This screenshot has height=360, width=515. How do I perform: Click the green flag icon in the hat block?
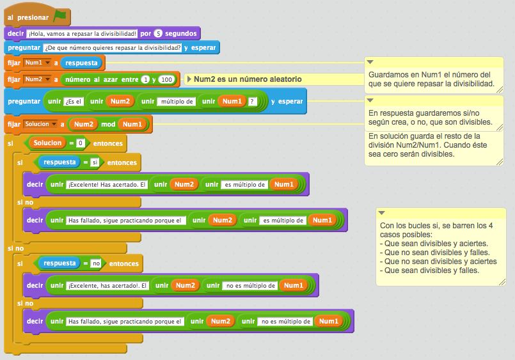click(59, 17)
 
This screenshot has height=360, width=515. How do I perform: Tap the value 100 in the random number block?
click(166, 79)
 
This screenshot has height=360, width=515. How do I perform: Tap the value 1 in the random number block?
click(145, 79)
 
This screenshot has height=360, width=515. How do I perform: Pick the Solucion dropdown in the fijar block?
click(40, 123)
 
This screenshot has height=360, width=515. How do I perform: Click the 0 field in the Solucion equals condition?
click(81, 143)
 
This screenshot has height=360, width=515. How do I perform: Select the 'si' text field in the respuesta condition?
click(94, 162)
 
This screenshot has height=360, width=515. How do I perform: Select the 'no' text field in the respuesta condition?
click(96, 263)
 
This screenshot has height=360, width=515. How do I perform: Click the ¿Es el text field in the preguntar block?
click(74, 102)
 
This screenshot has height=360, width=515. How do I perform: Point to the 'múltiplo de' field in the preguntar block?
click(177, 102)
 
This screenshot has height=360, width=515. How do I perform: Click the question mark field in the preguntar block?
click(252, 102)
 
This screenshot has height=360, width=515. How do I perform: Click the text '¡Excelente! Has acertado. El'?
click(107, 185)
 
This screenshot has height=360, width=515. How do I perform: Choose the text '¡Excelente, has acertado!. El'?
click(107, 285)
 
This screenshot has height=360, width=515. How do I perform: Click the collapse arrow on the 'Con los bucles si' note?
click(382, 212)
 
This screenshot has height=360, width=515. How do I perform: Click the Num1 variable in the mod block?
click(132, 124)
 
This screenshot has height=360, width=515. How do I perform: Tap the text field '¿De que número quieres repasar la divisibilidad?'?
click(112, 48)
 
